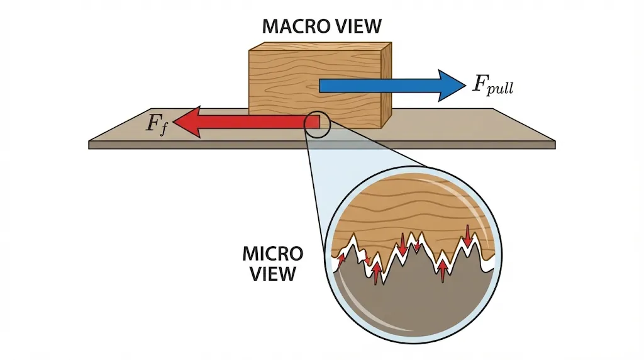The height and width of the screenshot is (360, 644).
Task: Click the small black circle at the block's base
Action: pos(316,124)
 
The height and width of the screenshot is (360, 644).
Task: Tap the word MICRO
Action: pos(272,255)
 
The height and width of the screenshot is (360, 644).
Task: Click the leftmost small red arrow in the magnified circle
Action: pos(341,257)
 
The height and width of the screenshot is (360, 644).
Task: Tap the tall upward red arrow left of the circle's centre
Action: pos(376,273)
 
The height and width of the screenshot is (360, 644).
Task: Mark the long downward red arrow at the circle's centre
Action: pos(403,243)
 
